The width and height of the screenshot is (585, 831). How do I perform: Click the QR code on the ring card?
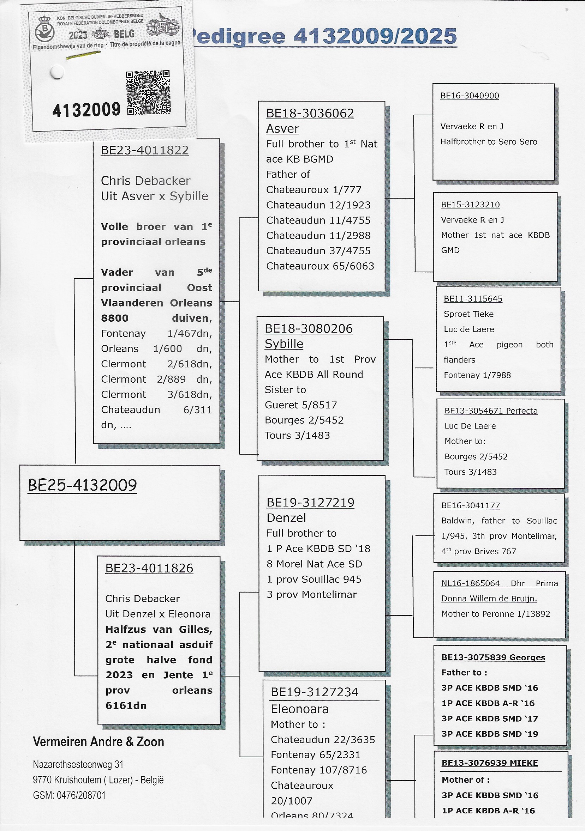148,93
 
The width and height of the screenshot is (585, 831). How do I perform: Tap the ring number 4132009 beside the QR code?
86,110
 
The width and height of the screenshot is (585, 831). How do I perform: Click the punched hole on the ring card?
57,72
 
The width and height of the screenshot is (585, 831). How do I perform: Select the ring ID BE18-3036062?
310,114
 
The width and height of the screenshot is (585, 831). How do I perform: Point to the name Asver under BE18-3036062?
282,129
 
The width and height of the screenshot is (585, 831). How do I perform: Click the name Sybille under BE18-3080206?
283,344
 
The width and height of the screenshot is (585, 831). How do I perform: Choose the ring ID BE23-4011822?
144,150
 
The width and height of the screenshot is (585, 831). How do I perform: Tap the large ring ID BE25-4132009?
83,485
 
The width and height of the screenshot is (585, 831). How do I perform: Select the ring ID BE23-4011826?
149,568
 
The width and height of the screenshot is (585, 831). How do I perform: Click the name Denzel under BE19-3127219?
286,518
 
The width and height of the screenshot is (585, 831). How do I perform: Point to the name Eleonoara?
300,709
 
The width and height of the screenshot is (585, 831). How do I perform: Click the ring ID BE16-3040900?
470,96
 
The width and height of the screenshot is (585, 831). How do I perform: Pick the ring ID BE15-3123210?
470,205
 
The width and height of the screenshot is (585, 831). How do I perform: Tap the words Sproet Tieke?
468,314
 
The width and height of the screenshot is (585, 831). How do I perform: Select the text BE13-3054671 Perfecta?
491,411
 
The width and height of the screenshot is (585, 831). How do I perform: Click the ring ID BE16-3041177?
470,506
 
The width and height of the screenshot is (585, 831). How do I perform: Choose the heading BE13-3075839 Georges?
493,657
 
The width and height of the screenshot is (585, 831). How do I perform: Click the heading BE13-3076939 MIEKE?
489,763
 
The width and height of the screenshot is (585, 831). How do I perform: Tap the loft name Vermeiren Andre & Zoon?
99,742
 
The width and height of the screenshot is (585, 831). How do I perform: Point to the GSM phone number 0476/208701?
81,795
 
